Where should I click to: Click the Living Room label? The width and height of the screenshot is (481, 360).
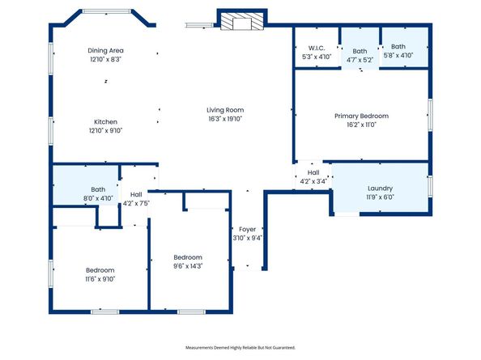[x=225, y=110]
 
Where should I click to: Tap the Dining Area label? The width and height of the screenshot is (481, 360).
[x=105, y=50]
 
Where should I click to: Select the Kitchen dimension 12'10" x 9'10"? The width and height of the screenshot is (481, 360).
[x=106, y=130]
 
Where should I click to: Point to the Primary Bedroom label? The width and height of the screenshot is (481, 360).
[x=361, y=116]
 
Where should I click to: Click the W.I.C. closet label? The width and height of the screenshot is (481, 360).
[x=317, y=48]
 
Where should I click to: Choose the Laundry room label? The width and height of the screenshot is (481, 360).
[x=380, y=188]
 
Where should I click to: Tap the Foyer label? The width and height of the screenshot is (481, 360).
[x=247, y=229]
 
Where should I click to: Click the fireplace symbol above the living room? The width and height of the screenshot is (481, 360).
[x=242, y=22]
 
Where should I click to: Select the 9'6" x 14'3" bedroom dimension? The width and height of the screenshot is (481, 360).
[x=188, y=266]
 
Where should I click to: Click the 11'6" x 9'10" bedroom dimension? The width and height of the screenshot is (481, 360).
[x=100, y=279]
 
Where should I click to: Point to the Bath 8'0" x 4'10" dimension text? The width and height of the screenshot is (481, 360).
[x=98, y=198]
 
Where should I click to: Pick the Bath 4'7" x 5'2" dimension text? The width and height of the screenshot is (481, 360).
[x=360, y=60]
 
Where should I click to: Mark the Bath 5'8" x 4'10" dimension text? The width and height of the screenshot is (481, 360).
[x=398, y=55]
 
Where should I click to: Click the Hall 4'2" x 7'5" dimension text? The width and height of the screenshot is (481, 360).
[x=136, y=203]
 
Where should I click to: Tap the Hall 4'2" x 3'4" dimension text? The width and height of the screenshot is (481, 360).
[x=313, y=181]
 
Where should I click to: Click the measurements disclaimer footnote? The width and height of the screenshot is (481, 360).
[x=240, y=347]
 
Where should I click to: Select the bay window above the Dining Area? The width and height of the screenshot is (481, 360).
[x=106, y=11]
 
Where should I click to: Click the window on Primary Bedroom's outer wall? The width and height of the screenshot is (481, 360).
[x=430, y=115]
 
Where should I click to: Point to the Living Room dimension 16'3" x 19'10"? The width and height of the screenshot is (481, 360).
[x=225, y=119]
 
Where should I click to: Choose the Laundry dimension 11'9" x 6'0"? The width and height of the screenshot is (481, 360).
[x=380, y=197]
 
